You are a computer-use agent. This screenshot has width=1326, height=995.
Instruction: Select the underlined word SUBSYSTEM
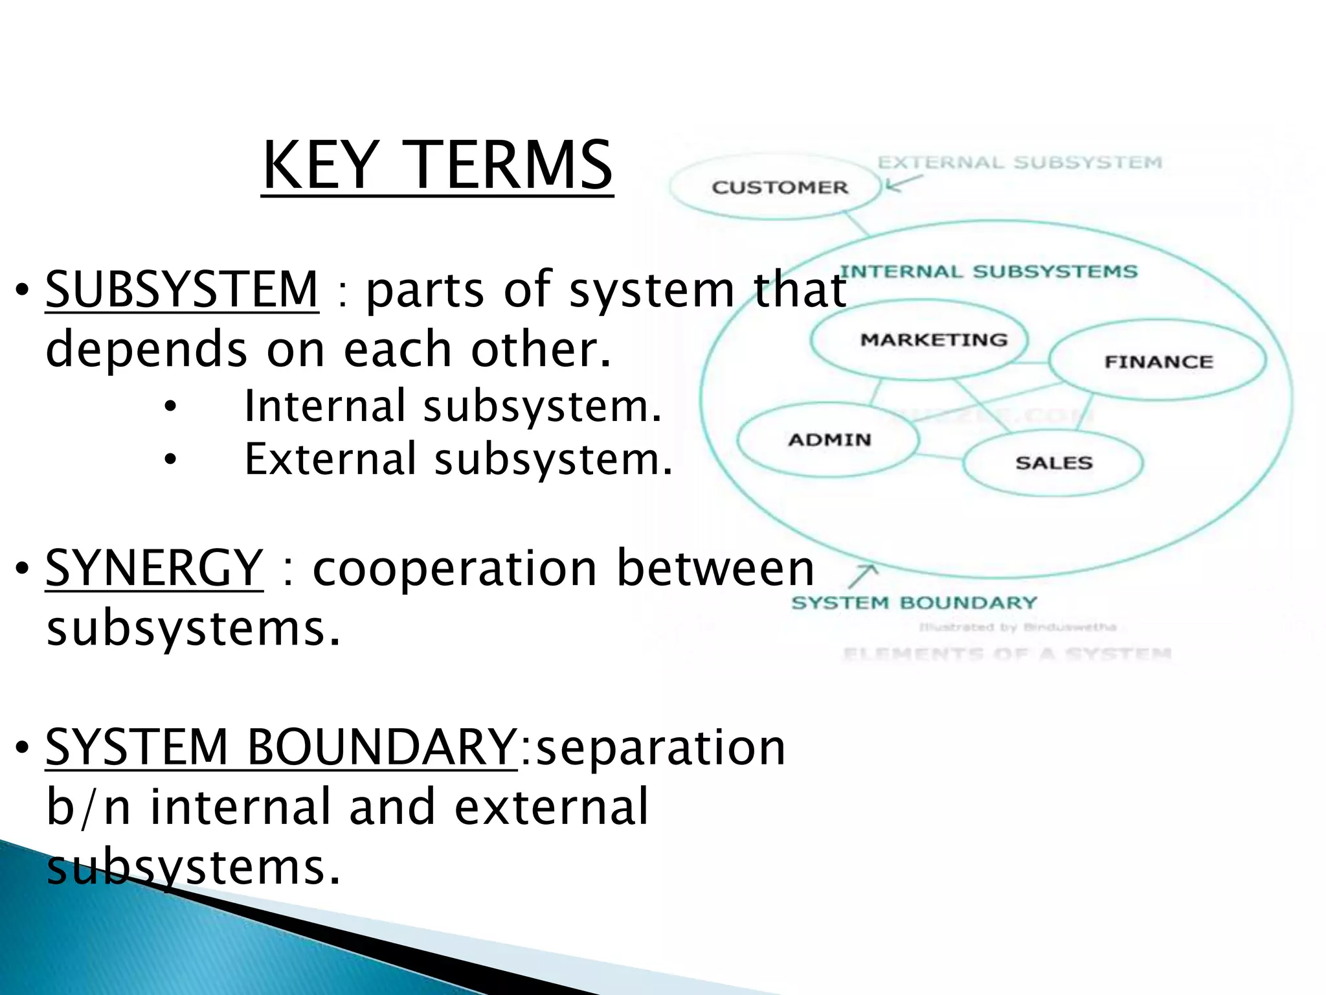tap(182, 289)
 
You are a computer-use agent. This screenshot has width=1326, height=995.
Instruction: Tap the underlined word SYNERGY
tap(154, 567)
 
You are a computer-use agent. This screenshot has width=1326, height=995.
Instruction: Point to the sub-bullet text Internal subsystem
tap(453, 406)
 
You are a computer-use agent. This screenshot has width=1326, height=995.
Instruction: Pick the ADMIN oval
tap(829, 440)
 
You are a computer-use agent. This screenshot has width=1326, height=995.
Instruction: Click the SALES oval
tap(1053, 463)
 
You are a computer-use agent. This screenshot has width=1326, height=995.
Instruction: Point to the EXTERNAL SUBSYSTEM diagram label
tap(1020, 162)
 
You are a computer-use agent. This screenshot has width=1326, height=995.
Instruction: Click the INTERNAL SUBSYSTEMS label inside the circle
tap(988, 271)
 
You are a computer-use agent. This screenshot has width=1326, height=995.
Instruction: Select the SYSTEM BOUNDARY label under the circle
tap(914, 603)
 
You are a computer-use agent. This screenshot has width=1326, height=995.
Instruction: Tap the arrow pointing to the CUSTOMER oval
tap(901, 183)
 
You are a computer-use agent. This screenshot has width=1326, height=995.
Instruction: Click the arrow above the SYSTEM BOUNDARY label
tap(864, 575)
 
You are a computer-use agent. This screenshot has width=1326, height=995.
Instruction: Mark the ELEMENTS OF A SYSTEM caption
tap(1007, 654)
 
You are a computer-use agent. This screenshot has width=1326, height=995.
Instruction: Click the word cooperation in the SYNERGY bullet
tap(454, 569)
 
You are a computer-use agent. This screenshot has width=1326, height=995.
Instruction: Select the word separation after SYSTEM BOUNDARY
tap(660, 748)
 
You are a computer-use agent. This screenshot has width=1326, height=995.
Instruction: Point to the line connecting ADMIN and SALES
tap(940, 457)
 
